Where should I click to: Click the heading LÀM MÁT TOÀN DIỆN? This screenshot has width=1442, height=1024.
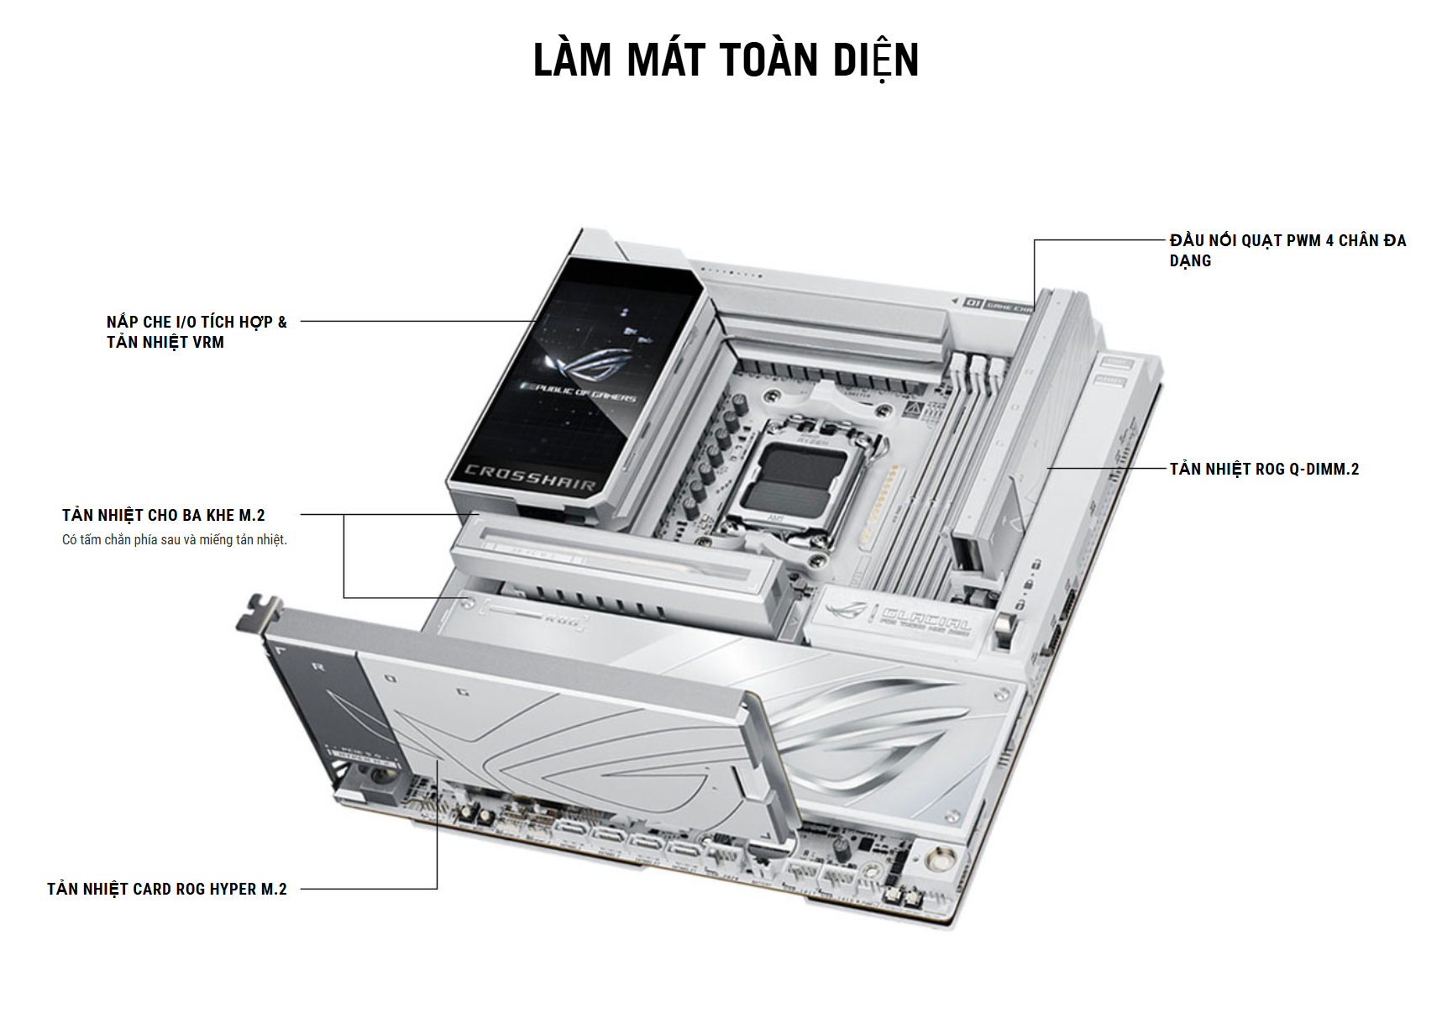[726, 60]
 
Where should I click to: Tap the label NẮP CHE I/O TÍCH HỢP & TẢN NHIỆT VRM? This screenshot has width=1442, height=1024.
[197, 332]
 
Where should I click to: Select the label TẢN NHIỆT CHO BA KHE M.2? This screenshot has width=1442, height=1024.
[163, 515]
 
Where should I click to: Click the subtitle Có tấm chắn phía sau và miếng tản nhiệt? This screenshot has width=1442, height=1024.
[175, 539]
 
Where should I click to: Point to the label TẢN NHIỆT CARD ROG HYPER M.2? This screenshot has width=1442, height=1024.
[166, 889]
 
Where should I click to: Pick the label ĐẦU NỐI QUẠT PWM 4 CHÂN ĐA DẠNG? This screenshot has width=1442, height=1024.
[1287, 250]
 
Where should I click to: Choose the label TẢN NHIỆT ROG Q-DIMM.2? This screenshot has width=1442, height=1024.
[1264, 469]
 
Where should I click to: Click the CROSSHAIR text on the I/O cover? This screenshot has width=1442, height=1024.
[530, 477]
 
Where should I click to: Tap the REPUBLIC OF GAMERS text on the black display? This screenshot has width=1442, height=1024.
[579, 392]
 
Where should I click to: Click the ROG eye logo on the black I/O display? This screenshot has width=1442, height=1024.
[588, 363]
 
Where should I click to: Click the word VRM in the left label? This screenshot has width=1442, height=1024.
[208, 342]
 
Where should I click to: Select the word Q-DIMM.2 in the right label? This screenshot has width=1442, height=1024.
[1326, 469]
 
